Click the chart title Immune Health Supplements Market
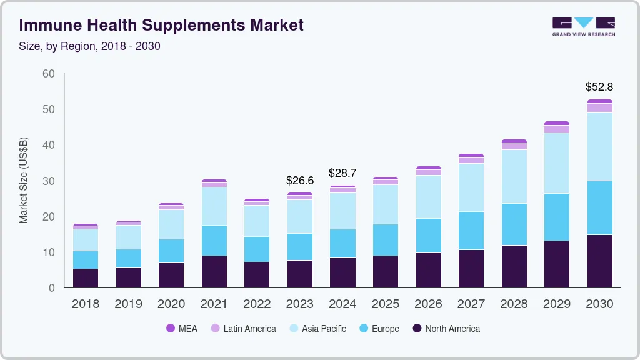pyautogui.click(x=161, y=25)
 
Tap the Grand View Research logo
pyautogui.click(x=583, y=27)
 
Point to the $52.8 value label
pyautogui.click(x=599, y=87)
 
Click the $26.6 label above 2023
pyautogui.click(x=300, y=181)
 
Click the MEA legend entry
pyautogui.click(x=181, y=329)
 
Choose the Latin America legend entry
pyautogui.click(x=243, y=329)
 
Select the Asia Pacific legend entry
pyautogui.click(x=317, y=329)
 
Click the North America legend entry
pyautogui.click(x=446, y=329)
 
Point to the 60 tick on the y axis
pyautogui.click(x=49, y=74)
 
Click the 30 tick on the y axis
pyautogui.click(x=49, y=181)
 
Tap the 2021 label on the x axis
pyautogui.click(x=214, y=304)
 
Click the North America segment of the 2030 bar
pyautogui.click(x=599, y=261)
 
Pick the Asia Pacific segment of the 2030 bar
pyautogui.click(x=599, y=146)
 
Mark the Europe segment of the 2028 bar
pyautogui.click(x=514, y=224)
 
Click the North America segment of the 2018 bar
pyautogui.click(x=86, y=278)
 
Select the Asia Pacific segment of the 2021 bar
pyautogui.click(x=214, y=206)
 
